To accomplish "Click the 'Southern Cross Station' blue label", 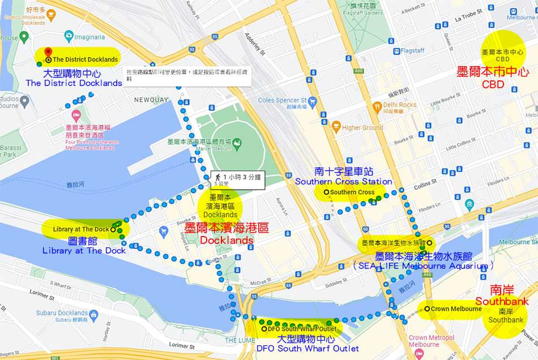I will (x=343, y=182).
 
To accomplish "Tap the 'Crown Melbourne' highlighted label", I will (x=456, y=309).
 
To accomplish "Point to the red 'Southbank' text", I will (x=501, y=302).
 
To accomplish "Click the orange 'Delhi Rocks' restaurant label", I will (x=399, y=105).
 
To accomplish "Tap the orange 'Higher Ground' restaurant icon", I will (x=336, y=127).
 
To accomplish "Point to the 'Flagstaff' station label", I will (x=412, y=51).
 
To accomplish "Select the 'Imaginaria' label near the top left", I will (x=89, y=37).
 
